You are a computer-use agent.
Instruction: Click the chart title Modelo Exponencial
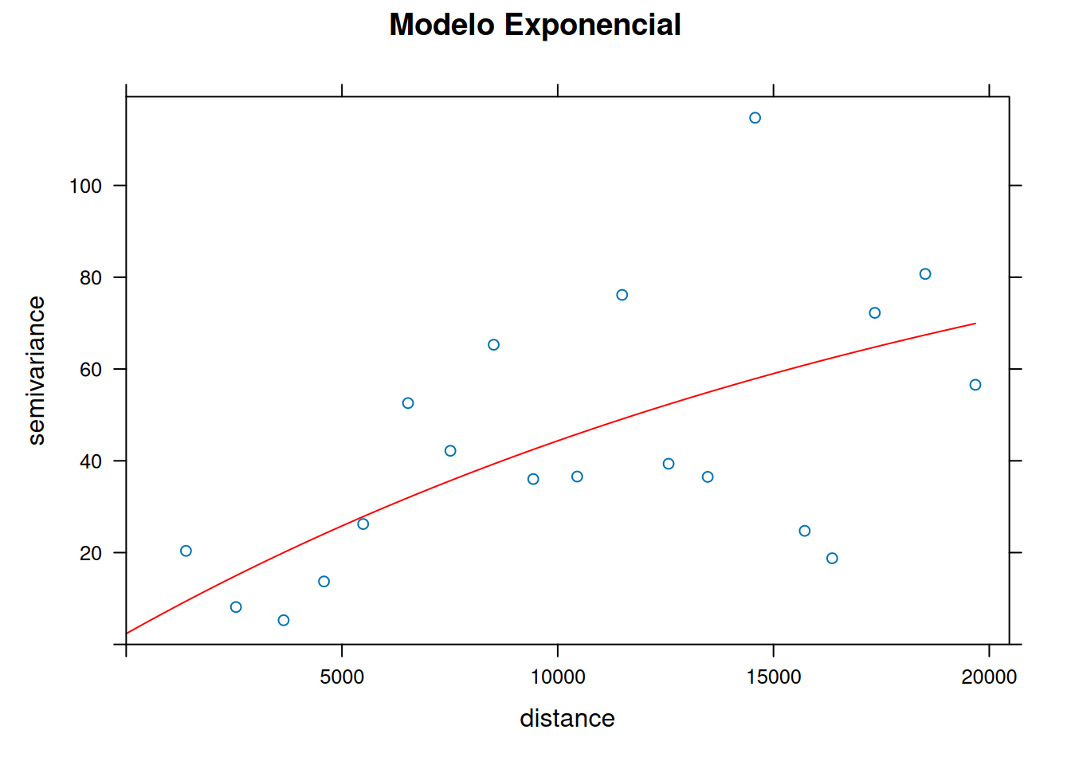(x=535, y=25)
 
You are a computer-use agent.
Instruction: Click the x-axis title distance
(x=567, y=718)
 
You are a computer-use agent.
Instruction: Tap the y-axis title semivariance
(x=36, y=371)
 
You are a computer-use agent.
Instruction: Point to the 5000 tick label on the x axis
(x=342, y=677)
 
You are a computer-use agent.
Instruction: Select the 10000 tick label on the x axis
(x=557, y=677)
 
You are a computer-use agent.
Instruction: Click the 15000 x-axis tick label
(x=773, y=677)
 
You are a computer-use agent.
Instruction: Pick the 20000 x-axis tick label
(x=989, y=677)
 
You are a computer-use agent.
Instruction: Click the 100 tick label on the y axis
(x=85, y=186)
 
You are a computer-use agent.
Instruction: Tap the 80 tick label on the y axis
(x=91, y=277)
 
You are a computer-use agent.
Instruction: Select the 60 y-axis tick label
(x=91, y=369)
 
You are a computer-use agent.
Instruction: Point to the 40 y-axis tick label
(x=91, y=461)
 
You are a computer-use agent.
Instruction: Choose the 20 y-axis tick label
(x=91, y=553)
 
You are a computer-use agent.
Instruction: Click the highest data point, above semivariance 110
(x=755, y=118)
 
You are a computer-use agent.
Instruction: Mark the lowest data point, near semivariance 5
(x=284, y=620)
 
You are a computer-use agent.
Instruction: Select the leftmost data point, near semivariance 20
(x=186, y=551)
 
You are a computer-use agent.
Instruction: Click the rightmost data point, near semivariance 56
(x=975, y=385)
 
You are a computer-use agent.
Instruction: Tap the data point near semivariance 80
(x=925, y=274)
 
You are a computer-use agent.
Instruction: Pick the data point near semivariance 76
(x=622, y=295)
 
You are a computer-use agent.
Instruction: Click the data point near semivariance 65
(x=493, y=345)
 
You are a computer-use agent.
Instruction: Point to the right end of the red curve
(x=975, y=324)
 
